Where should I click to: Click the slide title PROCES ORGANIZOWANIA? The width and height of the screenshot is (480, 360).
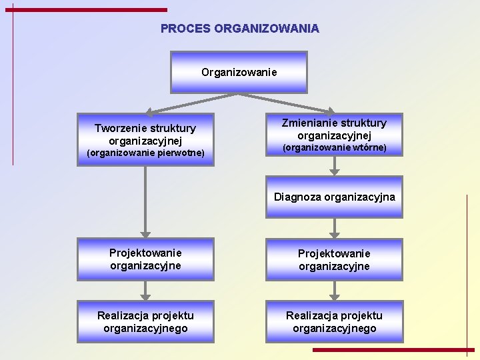[x=240, y=29]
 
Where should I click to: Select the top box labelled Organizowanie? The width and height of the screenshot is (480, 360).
[x=239, y=72]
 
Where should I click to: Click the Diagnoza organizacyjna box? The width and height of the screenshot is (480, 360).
[x=334, y=197]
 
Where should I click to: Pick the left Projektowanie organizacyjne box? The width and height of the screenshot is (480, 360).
[x=145, y=259]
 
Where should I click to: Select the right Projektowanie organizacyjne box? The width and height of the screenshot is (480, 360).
[x=334, y=259]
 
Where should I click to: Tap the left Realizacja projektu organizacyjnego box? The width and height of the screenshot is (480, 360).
[x=145, y=322]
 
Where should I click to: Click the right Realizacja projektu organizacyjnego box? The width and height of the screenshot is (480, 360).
[x=334, y=322]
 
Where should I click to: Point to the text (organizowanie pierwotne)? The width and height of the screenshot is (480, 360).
[x=145, y=154]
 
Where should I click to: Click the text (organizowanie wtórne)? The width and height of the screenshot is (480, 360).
[x=334, y=147]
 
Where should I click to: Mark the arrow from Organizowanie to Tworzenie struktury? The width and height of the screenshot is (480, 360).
[x=190, y=103]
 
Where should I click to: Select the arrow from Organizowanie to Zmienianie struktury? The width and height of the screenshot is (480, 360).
[x=287, y=103]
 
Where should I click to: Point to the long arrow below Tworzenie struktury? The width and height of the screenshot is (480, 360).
[x=145, y=200]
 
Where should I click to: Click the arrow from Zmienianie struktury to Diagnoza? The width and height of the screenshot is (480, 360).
[x=335, y=166]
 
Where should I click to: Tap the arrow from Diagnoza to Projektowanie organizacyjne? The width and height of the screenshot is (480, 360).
[x=335, y=228]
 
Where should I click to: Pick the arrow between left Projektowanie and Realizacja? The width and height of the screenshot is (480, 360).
[x=145, y=290]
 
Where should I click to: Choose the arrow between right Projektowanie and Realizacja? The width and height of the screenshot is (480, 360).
[x=335, y=290]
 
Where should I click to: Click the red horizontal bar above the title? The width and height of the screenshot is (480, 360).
[x=90, y=10]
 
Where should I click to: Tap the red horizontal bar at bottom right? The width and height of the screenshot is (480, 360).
[x=393, y=349]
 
